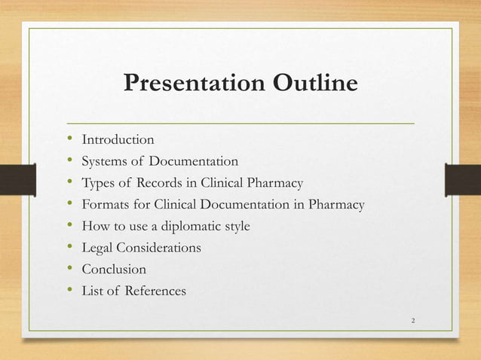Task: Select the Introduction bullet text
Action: [x=118, y=139]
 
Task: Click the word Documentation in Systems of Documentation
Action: [x=193, y=161]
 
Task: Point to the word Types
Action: [x=97, y=183]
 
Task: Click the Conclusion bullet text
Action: [x=114, y=269]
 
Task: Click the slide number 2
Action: [x=413, y=322]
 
